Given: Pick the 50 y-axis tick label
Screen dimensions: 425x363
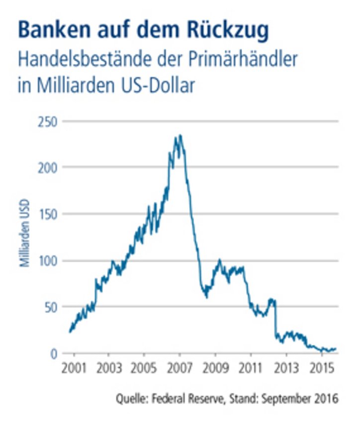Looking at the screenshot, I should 51,307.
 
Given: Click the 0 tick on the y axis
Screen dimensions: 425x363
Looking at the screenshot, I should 54,353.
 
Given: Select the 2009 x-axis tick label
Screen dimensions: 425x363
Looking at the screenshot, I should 215,370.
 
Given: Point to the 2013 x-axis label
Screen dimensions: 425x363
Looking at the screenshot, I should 286,370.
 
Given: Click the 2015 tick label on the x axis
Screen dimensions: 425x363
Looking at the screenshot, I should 321,370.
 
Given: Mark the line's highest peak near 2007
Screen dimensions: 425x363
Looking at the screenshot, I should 180,135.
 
